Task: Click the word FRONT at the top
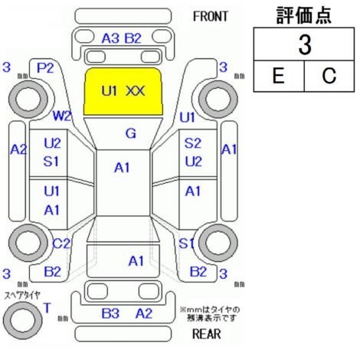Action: click(210, 17)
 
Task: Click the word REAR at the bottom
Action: click(206, 334)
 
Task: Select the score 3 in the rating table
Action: click(305, 45)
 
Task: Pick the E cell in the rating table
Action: click(279, 76)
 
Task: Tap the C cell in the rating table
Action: click(329, 76)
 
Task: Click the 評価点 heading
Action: click(304, 15)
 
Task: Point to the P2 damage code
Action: click(45, 68)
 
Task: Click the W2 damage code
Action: click(61, 116)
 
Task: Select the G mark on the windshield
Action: click(131, 133)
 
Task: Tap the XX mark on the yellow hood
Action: click(136, 91)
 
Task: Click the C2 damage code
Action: click(61, 244)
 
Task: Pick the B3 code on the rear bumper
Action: click(110, 313)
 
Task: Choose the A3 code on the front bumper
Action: click(110, 38)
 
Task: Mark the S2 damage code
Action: click(193, 143)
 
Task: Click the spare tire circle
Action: click(22, 321)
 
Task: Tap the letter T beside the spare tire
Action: click(47, 308)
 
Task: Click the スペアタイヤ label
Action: click(22, 296)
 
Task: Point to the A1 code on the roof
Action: click(122, 168)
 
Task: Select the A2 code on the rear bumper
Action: click(144, 313)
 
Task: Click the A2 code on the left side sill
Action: click(18, 149)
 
